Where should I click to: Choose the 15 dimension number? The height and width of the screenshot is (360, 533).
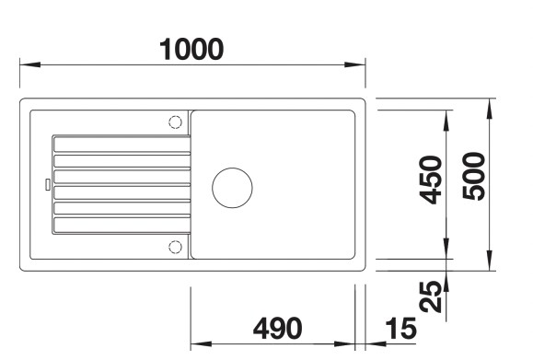click(400, 328)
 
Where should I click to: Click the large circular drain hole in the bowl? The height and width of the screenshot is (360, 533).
click(232, 187)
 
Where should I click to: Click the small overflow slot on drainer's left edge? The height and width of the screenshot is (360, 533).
click(47, 183)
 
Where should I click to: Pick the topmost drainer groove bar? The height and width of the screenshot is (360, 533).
click(121, 144)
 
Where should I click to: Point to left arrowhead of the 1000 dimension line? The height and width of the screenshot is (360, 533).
click(27, 65)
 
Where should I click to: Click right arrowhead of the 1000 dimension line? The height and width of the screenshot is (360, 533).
click(360, 65)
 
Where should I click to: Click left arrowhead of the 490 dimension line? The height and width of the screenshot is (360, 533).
click(196, 344)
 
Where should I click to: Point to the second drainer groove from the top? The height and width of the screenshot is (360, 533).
click(121, 160)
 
